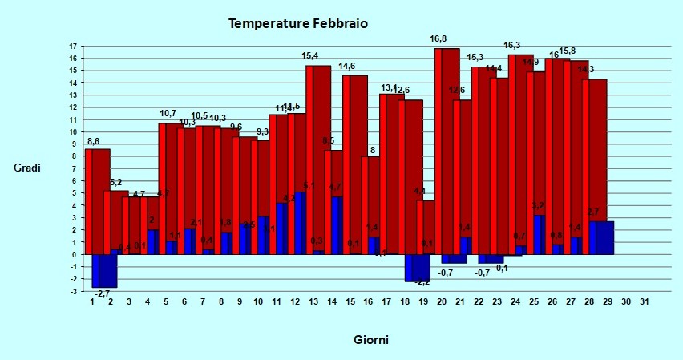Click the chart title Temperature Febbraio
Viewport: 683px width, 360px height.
[x=298, y=24]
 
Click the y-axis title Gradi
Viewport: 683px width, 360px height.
[x=27, y=168]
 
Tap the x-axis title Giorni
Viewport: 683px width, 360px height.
[x=371, y=340]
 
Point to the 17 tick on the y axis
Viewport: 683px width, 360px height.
[x=74, y=47]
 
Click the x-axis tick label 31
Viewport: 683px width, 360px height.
[x=644, y=301]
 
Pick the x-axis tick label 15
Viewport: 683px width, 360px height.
[x=349, y=301]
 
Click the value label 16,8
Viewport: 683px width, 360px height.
[x=438, y=38]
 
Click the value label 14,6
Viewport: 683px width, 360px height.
[x=347, y=66]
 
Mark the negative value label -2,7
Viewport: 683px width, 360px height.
[x=103, y=294]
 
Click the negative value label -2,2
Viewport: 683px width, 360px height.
[x=422, y=282]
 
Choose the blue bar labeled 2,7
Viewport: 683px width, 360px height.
[x=601, y=237]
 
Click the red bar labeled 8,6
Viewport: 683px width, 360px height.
[x=98, y=200]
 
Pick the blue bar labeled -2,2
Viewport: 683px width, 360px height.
[x=417, y=268]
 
